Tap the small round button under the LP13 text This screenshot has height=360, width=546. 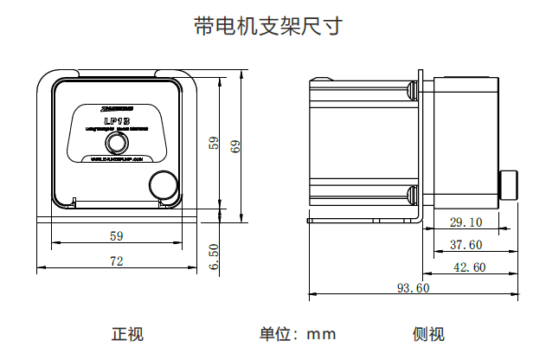coord(117,142)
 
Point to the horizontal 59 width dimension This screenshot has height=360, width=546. coord(116,235)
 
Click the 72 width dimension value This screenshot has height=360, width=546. coord(116,260)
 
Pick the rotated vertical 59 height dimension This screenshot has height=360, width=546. coord(214,143)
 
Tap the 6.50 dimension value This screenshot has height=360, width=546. coord(214,257)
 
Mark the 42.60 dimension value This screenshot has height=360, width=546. coord(469,267)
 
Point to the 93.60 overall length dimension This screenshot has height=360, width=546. coord(413,288)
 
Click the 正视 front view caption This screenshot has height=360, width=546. coord(128,334)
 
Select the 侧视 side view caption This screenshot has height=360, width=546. coord(428,334)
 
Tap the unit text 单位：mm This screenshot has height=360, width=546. coord(297,334)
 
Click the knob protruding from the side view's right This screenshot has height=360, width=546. coord(509,183)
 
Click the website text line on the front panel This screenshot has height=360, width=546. coord(116,159)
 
